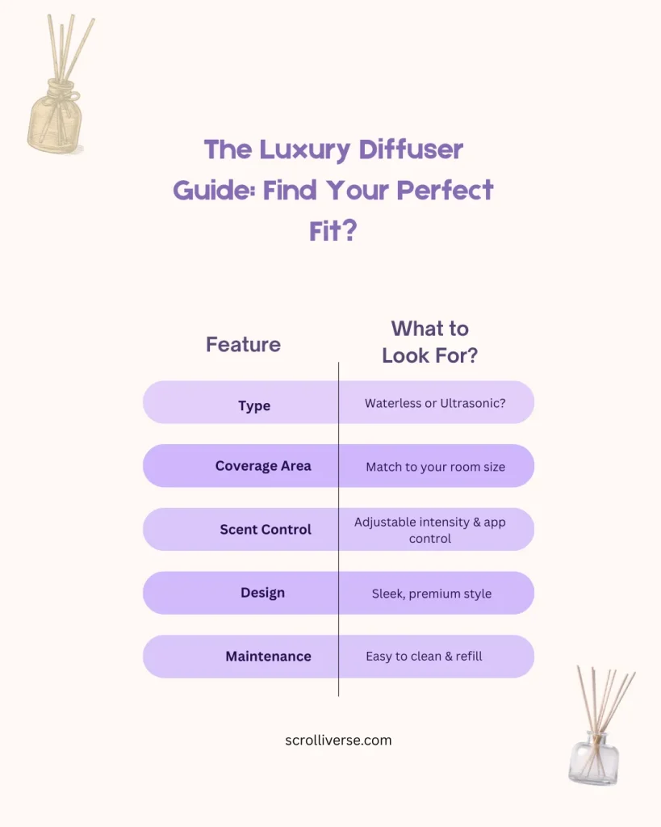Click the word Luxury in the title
point(307,150)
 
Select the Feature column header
point(243,345)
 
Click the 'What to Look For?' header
point(429,342)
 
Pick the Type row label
point(254,405)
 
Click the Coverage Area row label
point(263,466)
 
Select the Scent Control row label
point(266,530)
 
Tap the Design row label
point(262,593)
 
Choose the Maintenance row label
point(268,657)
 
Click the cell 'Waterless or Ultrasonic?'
point(435,403)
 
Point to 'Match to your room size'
point(435,467)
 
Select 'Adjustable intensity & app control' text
point(429,530)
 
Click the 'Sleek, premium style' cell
point(431,594)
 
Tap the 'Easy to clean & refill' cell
point(424,656)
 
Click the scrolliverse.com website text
point(338,740)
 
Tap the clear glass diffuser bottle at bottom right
point(594,755)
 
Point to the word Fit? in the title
point(333,233)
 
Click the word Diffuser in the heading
point(412,150)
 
